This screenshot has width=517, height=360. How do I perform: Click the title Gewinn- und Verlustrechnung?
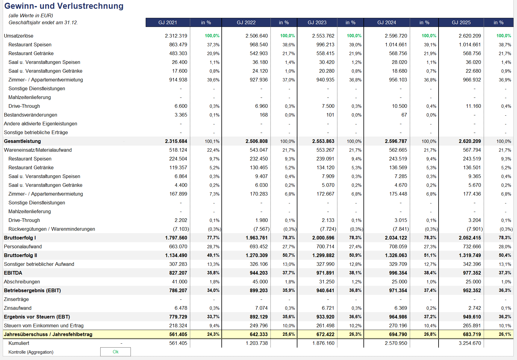pyautogui.click(x=64, y=6)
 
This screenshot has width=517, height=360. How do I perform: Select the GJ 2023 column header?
pyautogui.click(x=317, y=22)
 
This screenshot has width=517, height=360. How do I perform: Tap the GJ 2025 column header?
pyautogui.click(x=461, y=22)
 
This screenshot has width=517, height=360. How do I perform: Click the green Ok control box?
pyautogui.click(x=115, y=352)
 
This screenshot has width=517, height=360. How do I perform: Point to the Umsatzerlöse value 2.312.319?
pyautogui.click(x=176, y=36)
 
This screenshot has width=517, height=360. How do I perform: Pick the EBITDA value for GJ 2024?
pyautogui.click(x=396, y=273)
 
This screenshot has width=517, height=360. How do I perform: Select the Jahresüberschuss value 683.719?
pyautogui.click(x=470, y=334)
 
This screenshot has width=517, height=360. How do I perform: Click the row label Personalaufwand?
pyautogui.click(x=23, y=246)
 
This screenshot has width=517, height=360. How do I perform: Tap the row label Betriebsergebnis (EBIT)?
pyautogui.click(x=32, y=290)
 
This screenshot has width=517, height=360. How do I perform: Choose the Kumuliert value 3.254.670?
pyautogui.click(x=470, y=343)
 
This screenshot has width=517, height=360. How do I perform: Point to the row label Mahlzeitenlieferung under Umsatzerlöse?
pyautogui.click(x=30, y=97)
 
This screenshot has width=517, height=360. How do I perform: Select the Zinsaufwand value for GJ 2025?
pyautogui.click(x=475, y=308)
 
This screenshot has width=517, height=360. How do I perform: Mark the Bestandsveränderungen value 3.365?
pyautogui.click(x=181, y=115)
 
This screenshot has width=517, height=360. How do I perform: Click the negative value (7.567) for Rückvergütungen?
pyautogui.click(x=261, y=229)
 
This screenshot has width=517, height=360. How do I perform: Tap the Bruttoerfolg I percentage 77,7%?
pyautogui.click(x=213, y=238)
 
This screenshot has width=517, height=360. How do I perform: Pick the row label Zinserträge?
pyautogui.click(x=16, y=299)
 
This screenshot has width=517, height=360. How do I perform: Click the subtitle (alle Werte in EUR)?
pyautogui.click(x=31, y=15)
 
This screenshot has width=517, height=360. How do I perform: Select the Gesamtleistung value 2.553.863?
pyautogui.click(x=323, y=141)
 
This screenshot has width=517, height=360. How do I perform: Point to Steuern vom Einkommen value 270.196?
pyautogui.click(x=398, y=325)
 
